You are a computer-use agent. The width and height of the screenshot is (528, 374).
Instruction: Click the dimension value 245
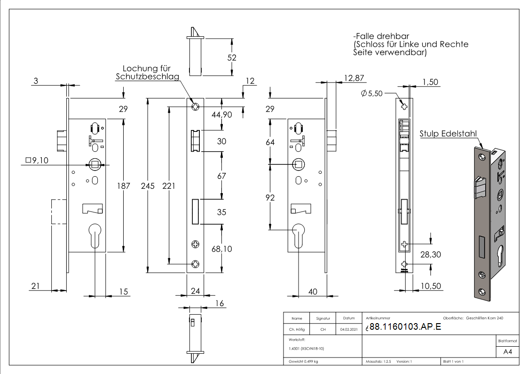coord(148,186)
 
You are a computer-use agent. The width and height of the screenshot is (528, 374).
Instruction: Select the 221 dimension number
coord(168,186)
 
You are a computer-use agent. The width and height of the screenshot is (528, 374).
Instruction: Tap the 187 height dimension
coord(124,186)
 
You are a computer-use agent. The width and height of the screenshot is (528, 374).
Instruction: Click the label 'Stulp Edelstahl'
coord(449,134)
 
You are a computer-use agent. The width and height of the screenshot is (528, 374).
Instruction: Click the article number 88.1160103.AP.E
coord(405,327)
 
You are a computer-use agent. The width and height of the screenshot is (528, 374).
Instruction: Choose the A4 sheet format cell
coord(507,352)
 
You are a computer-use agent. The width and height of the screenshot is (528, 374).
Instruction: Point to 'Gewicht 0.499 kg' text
coord(303,362)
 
